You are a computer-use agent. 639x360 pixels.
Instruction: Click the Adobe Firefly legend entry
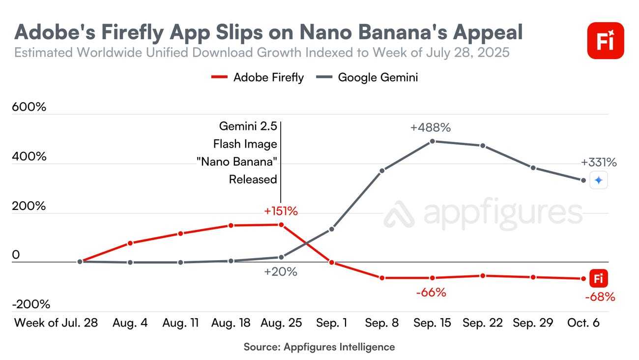coord(258,77)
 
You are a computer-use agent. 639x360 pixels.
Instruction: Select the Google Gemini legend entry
coord(371,77)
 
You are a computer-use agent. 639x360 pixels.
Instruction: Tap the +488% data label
coord(431,127)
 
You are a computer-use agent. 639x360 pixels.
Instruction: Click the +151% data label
coord(281,211)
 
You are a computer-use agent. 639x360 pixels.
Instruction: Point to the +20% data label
coord(281,271)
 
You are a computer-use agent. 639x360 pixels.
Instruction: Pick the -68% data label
coord(600,297)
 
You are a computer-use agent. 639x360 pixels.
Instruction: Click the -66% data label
coord(431,293)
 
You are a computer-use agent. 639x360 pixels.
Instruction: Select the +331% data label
coord(598,162)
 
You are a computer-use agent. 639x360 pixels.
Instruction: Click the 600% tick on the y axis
coord(29,107)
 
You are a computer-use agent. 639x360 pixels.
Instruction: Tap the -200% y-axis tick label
coord(31,304)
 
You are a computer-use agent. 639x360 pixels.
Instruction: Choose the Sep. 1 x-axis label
coord(331,323)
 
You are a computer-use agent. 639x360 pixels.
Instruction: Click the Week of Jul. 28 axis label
coord(56,323)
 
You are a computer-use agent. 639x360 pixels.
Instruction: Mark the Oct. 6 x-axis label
coord(583,323)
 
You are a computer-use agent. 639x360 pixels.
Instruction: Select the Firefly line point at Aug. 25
coord(281,225)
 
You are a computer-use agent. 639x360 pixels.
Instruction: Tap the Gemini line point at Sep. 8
coord(382,171)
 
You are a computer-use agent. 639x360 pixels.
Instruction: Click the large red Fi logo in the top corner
coord(605,41)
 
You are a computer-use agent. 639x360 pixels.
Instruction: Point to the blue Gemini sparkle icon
coord(598,180)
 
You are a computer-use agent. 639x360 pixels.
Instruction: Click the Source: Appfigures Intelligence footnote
coord(319,347)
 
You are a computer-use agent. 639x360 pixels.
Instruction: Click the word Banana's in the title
coord(387,32)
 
